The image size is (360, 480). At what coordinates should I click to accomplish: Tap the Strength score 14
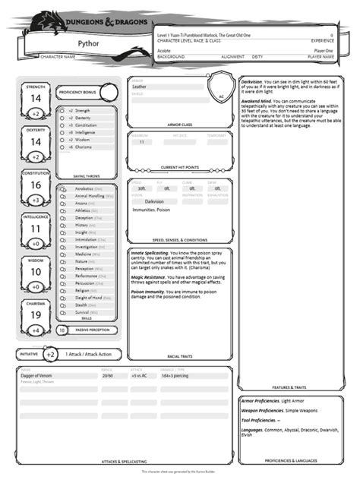(36, 98)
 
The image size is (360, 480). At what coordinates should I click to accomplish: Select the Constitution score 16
(36, 185)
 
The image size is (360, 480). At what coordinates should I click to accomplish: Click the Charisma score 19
(36, 314)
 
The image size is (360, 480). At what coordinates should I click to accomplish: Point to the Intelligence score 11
(36, 228)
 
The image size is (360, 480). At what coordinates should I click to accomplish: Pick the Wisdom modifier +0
(36, 287)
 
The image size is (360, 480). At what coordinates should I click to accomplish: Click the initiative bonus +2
(50, 355)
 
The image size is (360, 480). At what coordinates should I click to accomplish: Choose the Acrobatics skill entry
(84, 188)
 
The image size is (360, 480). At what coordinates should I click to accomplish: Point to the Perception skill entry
(84, 268)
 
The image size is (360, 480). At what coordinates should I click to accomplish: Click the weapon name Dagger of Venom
(38, 375)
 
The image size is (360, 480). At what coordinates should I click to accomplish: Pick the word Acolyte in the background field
(164, 50)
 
